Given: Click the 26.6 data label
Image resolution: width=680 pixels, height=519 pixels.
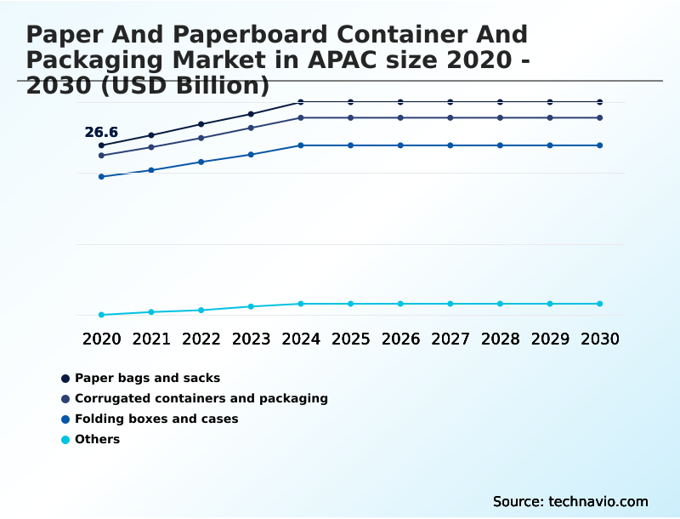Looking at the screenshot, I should pos(101,133).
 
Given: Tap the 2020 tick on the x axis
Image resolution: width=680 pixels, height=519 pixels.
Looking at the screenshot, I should pos(101,339).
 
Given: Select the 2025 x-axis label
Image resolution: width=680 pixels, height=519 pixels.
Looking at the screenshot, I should pos(350,339).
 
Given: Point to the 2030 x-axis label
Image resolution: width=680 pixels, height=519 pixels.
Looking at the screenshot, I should pos(599,339).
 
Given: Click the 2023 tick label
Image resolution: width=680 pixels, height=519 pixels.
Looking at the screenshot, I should pos(251,339).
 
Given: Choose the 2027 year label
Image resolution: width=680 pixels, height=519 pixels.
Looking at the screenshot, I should pos(450,339).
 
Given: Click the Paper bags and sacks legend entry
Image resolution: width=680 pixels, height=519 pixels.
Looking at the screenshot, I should pos(147,378).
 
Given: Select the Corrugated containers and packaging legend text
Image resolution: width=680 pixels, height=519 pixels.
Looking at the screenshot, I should pos(201,398).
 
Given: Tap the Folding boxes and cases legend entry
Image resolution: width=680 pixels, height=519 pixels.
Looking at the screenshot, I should pos(156,419).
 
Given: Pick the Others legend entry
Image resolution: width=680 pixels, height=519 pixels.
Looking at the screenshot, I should pos(97,439).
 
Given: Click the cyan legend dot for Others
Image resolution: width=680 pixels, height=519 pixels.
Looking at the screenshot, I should pos(65,440).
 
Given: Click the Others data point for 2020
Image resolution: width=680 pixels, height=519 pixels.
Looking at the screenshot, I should pos(101,315).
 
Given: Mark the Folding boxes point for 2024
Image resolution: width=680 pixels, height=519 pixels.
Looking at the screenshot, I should pos(301,145).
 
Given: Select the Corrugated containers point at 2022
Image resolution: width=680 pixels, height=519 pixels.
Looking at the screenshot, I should pos(201,138).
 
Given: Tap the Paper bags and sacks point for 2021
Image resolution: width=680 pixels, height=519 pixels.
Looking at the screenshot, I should pos(151,135).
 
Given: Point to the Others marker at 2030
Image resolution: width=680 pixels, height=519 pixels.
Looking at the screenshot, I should pos(599,304).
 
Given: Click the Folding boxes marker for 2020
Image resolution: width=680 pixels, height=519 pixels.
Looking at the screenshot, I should pos(101,176).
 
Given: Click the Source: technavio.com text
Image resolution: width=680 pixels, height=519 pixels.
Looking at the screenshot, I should pos(570,501).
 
